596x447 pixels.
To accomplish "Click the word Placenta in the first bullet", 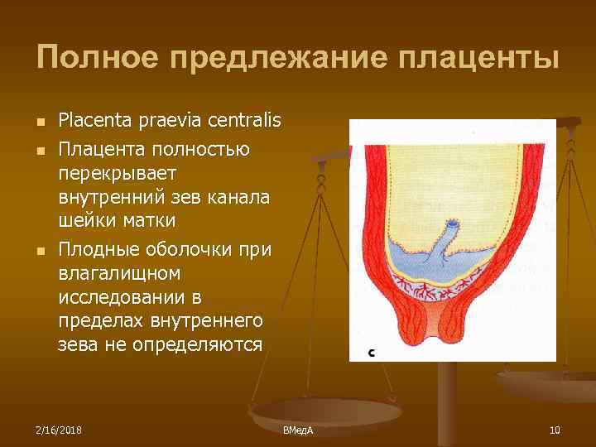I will coord(90,122).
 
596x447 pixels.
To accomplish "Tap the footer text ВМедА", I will coord(298,430).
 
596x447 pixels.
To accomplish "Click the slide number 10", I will coord(555,430).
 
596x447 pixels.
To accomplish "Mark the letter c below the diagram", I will coord(372,353).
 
